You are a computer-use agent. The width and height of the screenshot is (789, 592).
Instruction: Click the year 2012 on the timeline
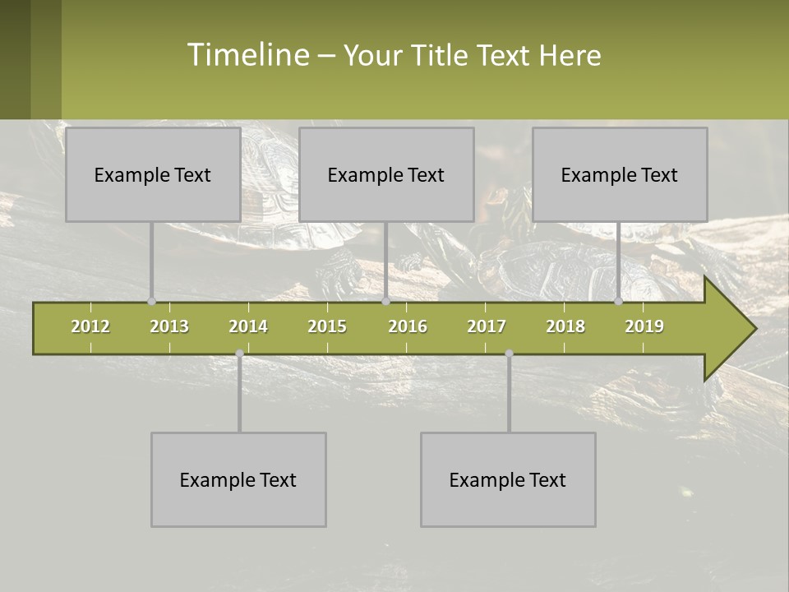[x=90, y=326]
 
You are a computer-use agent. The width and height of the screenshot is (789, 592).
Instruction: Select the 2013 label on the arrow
[x=169, y=326]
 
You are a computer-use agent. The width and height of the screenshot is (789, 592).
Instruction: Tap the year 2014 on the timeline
[x=248, y=326]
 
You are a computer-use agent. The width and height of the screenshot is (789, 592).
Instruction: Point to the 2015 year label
[x=327, y=326]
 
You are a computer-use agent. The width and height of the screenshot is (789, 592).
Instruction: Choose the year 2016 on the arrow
[x=408, y=326]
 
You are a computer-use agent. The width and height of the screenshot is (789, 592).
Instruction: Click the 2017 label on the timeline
[x=487, y=326]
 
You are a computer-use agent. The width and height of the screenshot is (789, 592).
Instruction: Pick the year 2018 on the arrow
[x=565, y=326]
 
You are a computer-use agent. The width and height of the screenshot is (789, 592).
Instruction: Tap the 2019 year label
[x=644, y=326]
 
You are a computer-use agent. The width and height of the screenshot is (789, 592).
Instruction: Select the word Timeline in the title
[x=247, y=55]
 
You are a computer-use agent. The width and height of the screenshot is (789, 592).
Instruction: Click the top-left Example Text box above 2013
[x=153, y=174]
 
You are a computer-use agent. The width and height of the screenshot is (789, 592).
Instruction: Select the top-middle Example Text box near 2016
[x=386, y=174]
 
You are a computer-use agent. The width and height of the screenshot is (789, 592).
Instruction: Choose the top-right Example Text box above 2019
[x=620, y=174]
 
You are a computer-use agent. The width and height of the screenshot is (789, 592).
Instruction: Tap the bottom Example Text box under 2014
[x=238, y=479]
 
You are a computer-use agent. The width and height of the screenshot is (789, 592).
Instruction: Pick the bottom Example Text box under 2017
[x=508, y=479]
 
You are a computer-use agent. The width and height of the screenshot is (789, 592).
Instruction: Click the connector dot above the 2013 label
[x=151, y=302]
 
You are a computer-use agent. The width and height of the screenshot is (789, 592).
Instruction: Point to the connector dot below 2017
[x=509, y=354]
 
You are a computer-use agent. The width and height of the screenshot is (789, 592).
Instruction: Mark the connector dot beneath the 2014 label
[x=239, y=354]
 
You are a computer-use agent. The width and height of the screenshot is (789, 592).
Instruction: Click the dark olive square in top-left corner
[x=15, y=59]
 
